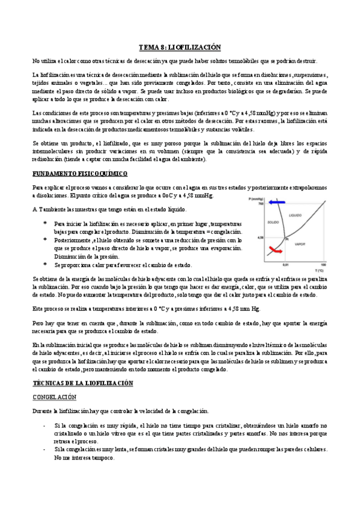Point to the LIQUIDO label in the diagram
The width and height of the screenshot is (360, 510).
click(295, 215)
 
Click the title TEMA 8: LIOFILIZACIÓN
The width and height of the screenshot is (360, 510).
click(180, 47)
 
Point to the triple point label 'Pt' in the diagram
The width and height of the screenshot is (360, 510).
click(287, 239)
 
